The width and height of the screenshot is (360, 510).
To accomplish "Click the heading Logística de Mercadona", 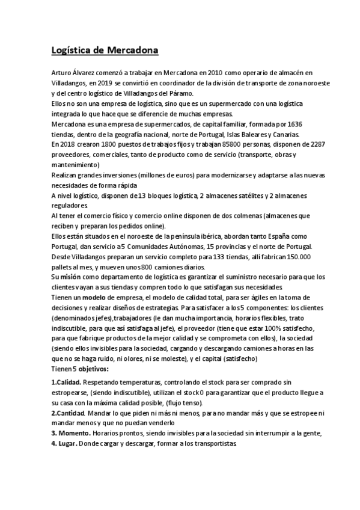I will click(103, 50).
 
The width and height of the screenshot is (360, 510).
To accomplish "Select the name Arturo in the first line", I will click(61, 72).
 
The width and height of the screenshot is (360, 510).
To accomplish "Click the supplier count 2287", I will click(316, 144).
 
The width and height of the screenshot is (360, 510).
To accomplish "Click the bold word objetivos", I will click(91, 369).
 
